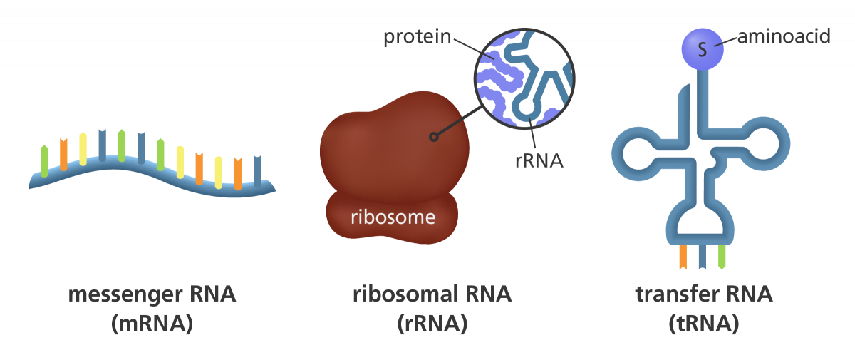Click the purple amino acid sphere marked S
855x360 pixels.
pyautogui.click(x=703, y=49)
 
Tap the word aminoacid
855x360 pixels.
pyautogui.click(x=783, y=36)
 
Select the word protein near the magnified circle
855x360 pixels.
pyautogui.click(x=417, y=37)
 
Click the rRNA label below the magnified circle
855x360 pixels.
pyautogui.click(x=539, y=160)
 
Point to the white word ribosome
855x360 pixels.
pyautogui.click(x=393, y=217)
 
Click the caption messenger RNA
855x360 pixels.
pyautogui.click(x=152, y=294)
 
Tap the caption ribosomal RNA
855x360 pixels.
pyautogui.click(x=432, y=294)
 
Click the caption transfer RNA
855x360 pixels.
pyautogui.click(x=703, y=294)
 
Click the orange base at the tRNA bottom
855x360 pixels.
pyautogui.click(x=683, y=257)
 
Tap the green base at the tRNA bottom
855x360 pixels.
pyautogui.click(x=722, y=257)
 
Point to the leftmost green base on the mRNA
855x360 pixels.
pyautogui.click(x=45, y=160)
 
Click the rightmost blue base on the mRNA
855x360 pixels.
pyautogui.click(x=257, y=170)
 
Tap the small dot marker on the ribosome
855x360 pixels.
pyautogui.click(x=431, y=136)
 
